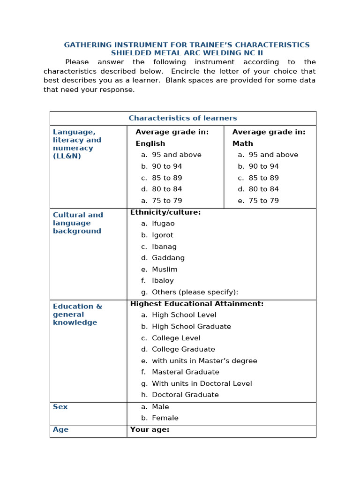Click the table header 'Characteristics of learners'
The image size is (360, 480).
183,118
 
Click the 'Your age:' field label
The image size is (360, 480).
150,429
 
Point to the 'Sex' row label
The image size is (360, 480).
60,407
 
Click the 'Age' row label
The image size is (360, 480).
60,429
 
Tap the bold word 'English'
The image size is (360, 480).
150,143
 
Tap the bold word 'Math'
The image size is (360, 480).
242,143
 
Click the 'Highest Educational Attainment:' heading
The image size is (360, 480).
197,304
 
